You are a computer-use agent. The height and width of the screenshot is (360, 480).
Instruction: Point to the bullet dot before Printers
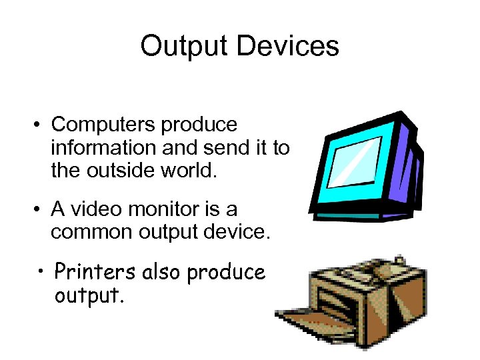click(x=41, y=271)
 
